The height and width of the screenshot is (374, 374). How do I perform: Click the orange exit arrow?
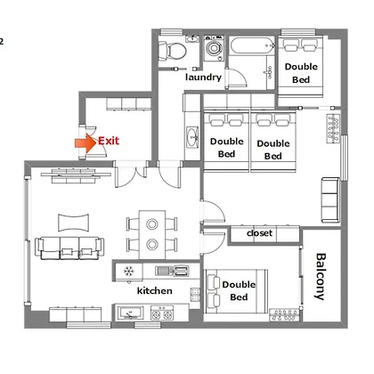(x=85, y=142)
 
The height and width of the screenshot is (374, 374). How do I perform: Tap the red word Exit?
(x=109, y=141)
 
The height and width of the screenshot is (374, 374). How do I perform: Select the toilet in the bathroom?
(x=172, y=51)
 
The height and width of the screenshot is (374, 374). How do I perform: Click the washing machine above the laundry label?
(x=214, y=48)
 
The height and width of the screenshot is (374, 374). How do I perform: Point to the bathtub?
(x=253, y=45)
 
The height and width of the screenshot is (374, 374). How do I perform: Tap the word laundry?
(x=203, y=77)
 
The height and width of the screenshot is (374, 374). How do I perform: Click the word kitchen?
(x=155, y=290)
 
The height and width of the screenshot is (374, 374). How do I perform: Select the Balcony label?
(x=321, y=276)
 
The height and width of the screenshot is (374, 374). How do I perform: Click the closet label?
(x=259, y=233)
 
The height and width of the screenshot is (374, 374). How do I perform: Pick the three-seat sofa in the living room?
(x=69, y=248)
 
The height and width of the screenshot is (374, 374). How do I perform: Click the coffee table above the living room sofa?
(x=73, y=223)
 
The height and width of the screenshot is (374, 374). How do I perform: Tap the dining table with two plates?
(x=152, y=234)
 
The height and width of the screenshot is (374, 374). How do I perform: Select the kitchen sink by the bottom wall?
(x=131, y=313)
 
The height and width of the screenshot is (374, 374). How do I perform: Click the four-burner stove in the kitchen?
(x=162, y=313)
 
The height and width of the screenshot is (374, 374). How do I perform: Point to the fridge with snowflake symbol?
(x=129, y=271)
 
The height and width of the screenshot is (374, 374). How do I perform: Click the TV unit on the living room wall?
(x=76, y=175)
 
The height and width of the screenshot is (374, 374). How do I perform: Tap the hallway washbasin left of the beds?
(x=192, y=137)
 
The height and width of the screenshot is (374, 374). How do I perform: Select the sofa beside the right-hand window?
(x=330, y=199)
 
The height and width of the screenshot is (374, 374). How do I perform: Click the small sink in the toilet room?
(x=192, y=38)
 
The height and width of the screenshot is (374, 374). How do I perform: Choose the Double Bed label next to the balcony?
(x=239, y=291)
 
